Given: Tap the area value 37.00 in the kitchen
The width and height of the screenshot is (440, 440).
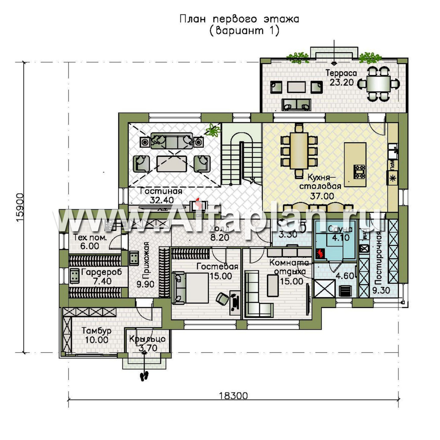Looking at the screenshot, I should point(323,196).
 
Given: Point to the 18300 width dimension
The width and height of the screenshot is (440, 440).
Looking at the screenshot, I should point(234,396).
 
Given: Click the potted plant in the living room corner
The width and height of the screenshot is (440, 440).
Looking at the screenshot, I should point(212,130).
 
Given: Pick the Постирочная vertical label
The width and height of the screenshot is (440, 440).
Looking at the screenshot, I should point(379,259).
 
